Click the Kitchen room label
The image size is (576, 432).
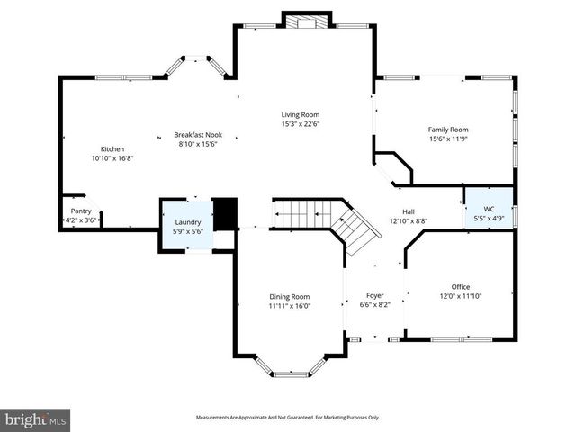(112, 148)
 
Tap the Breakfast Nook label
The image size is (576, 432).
(197, 134)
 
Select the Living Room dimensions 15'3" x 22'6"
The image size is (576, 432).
(300, 124)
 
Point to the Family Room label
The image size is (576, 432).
(447, 130)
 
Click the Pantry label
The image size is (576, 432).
(80, 211)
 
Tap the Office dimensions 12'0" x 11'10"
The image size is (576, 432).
(461, 295)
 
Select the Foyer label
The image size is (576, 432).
(374, 295)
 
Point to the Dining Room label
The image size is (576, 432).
(290, 296)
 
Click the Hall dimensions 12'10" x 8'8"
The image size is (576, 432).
(408, 220)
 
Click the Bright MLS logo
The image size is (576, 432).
(36, 419)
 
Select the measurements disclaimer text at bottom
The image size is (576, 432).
(288, 418)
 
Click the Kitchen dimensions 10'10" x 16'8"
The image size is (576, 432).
(112, 157)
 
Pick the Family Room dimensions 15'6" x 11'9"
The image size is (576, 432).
(447, 139)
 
